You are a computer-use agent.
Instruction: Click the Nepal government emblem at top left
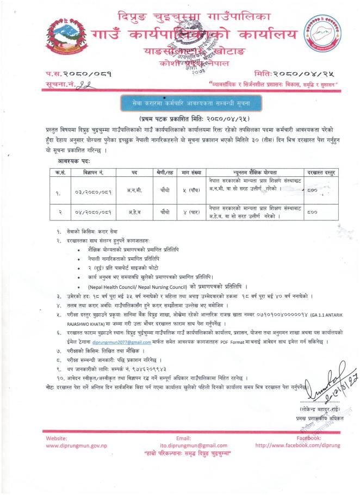tap(64, 39)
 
